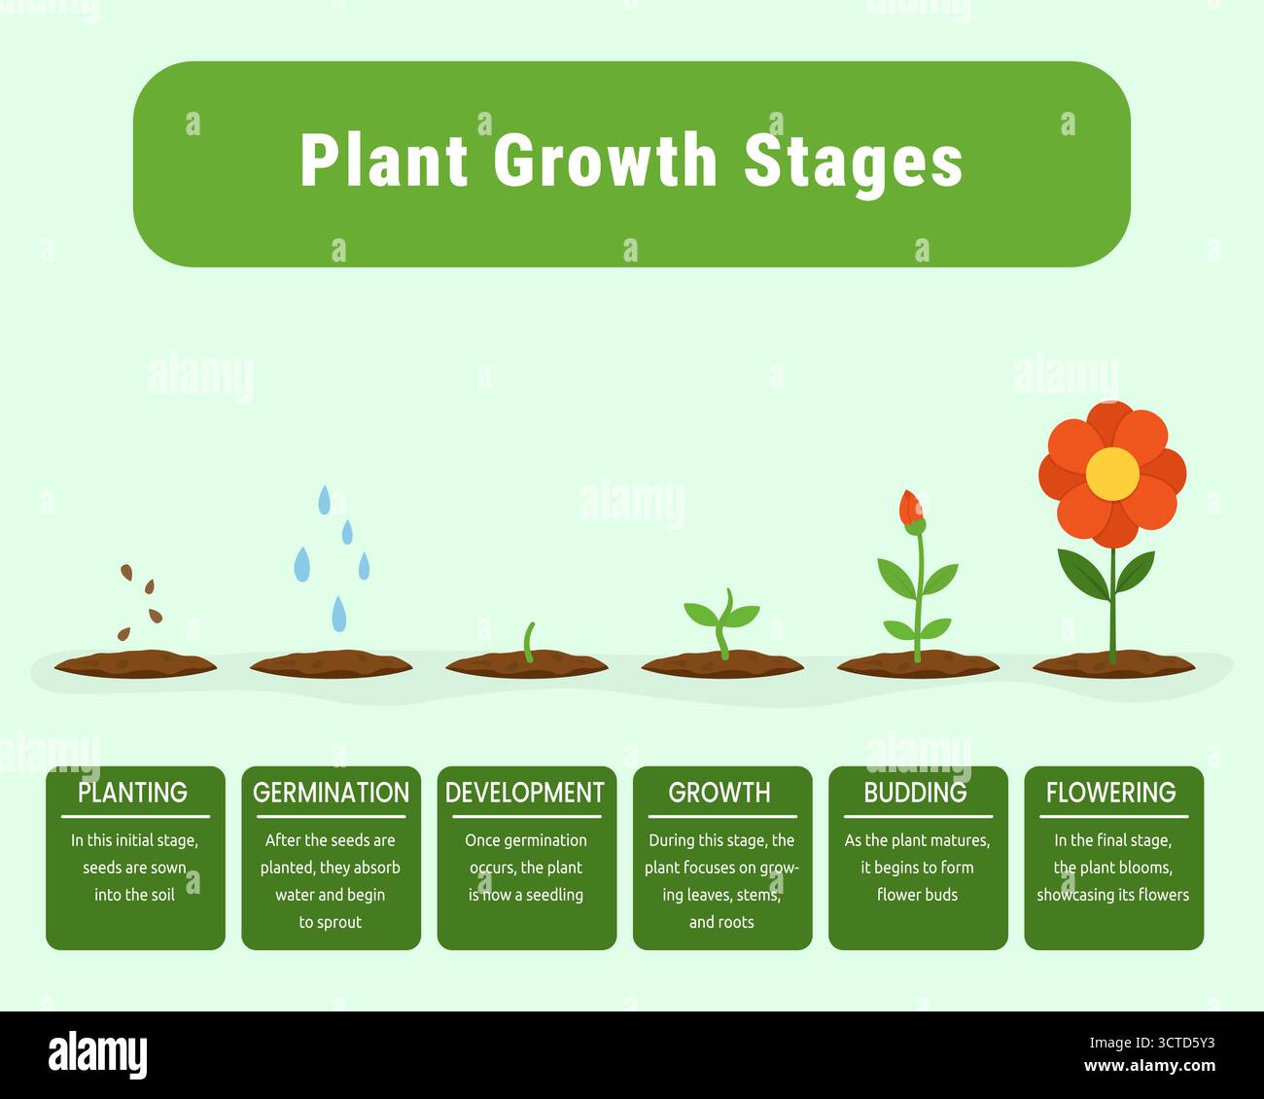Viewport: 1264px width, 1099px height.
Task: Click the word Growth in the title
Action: pos(605,160)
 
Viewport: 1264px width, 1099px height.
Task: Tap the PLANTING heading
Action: pos(133,793)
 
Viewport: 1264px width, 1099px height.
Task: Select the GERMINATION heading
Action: pos(332,793)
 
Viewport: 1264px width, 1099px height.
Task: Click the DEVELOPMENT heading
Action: pos(525,793)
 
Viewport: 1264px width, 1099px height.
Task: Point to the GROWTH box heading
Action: pos(720,793)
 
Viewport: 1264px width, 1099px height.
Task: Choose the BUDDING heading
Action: pos(916,793)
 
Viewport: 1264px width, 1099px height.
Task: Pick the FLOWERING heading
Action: pos(1111,793)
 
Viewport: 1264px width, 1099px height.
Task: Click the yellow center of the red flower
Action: pos(1112,474)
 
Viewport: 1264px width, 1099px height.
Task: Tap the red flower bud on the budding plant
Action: pos(910,508)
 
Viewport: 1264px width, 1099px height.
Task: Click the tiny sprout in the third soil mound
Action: pos(529,643)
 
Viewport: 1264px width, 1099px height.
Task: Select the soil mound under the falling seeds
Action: pos(135,664)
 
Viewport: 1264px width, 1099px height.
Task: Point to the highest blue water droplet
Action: pos(325,500)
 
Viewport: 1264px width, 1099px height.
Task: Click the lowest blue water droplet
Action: pos(339,614)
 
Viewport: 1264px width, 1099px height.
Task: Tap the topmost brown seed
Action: pos(126,572)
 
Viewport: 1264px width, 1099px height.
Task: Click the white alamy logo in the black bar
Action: pos(98,1054)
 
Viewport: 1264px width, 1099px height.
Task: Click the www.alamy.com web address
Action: pos(1149,1066)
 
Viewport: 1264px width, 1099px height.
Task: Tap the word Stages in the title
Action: pos(853,161)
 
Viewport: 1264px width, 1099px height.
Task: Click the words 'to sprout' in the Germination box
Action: pos(331,922)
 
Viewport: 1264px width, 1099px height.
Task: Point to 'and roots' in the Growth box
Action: pos(721,922)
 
